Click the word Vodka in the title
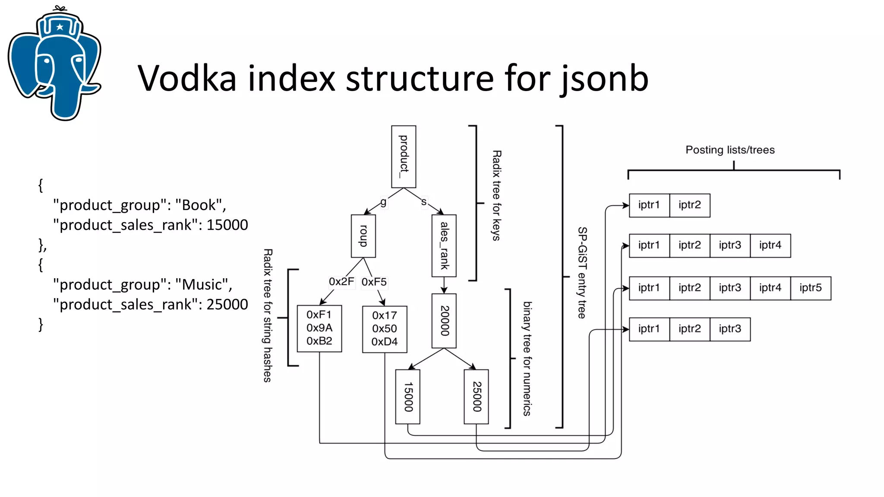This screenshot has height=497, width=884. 186,78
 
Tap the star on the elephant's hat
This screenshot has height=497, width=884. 60,27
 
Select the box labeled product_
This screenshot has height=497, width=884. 404,157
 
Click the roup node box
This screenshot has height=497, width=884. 363,236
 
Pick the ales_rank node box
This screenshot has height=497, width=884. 444,245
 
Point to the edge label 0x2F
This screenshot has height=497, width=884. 341,282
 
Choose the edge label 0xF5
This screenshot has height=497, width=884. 374,282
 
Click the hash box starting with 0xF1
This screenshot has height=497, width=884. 319,328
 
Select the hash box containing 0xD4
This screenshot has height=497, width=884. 385,329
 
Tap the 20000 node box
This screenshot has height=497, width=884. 444,321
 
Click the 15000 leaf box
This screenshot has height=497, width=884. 408,396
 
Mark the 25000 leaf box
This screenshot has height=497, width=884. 476,396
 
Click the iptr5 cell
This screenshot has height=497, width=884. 810,288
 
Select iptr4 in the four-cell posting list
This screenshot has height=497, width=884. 770,245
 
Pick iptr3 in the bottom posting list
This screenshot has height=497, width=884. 729,329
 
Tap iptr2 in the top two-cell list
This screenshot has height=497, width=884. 689,205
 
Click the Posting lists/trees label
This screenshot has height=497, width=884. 730,150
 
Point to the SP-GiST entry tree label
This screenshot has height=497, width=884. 582,273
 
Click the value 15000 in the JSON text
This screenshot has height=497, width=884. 227,225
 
